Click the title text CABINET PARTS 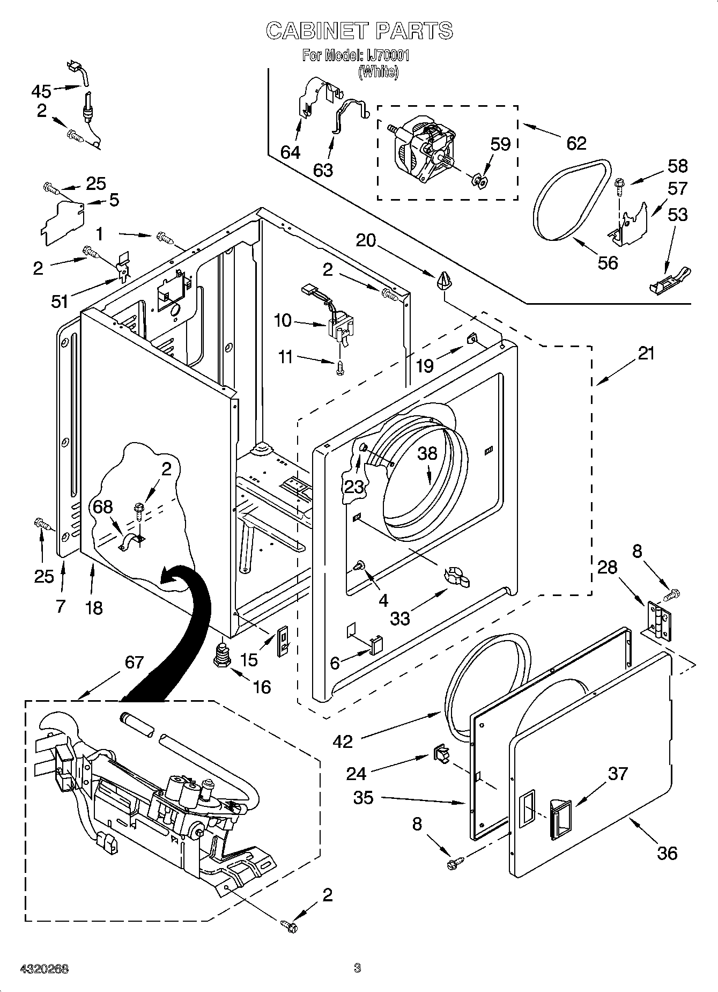[359, 31]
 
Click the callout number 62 [576, 143]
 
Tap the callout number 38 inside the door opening [427, 453]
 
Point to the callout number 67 [134, 663]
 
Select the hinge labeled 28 [660, 620]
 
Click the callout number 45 [41, 91]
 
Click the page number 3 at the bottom [358, 968]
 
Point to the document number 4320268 [45, 968]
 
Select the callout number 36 [667, 852]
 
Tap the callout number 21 [646, 354]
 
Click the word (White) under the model [379, 71]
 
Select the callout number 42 [343, 741]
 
